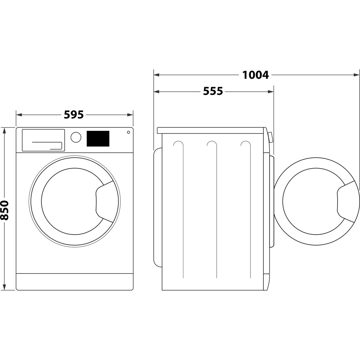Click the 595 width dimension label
click(x=74, y=115)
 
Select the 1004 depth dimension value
click(x=256, y=75)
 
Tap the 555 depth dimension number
click(x=213, y=91)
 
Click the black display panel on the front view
click(x=98, y=139)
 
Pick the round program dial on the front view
click(x=76, y=137)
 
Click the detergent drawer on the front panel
click(x=43, y=140)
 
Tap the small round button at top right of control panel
click(x=128, y=132)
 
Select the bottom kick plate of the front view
click(x=74, y=281)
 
